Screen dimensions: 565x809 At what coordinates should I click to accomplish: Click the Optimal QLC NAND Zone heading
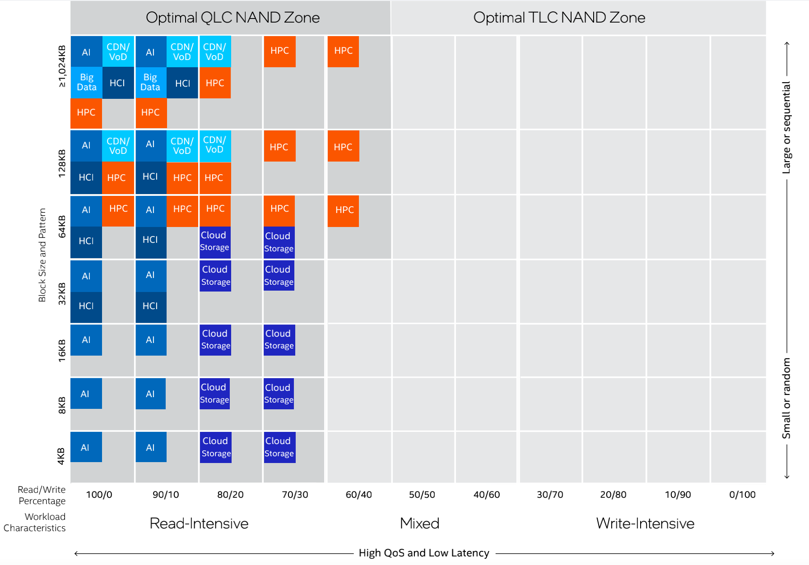coord(232,18)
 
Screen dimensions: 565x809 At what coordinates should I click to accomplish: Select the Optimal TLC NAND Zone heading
coord(559,18)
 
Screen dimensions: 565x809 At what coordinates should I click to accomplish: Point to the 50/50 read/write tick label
coord(422,495)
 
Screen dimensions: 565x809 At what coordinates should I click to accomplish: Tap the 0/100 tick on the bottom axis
coord(742,495)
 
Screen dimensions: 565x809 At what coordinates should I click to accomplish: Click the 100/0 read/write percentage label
coord(99,495)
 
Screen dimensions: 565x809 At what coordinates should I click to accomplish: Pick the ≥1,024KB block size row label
coord(62,66)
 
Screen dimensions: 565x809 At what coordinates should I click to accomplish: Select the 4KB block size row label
coord(61,456)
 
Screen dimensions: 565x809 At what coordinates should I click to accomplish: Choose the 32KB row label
coord(62,293)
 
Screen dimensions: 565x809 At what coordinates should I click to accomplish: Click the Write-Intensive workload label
coord(645,523)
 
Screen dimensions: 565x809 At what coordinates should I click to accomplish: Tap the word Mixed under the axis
coord(419,523)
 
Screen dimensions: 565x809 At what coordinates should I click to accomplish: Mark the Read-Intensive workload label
coord(199,523)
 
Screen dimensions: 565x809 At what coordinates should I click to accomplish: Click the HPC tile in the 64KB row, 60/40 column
coord(344,210)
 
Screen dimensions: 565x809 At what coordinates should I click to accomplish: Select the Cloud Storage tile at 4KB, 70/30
coord(279,447)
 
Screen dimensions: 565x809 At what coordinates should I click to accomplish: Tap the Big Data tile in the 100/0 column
coord(87,83)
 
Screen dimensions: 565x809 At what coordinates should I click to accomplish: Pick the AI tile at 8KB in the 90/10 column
coord(150,394)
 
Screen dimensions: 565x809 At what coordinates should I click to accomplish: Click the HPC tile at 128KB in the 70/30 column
coord(279,146)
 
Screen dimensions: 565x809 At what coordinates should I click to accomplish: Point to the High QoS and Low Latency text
coord(423,553)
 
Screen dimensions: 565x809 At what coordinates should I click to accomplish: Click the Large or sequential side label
coord(786,127)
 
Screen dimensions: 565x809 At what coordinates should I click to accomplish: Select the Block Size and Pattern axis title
coord(42,255)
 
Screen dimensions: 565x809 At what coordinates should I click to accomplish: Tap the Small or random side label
coord(786,398)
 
